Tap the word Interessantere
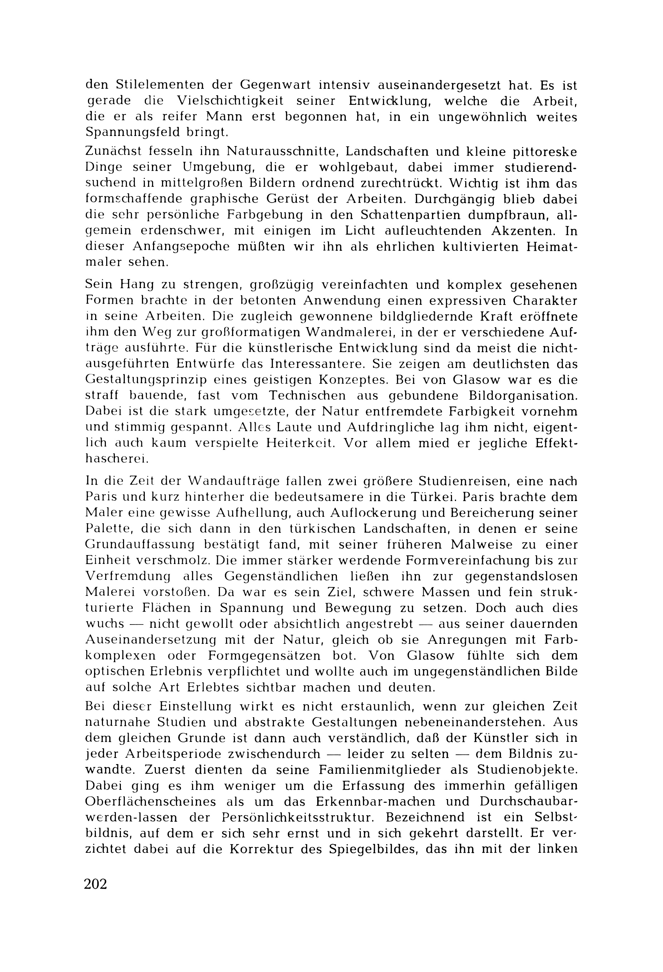[318, 364]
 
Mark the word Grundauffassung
[140, 545]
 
